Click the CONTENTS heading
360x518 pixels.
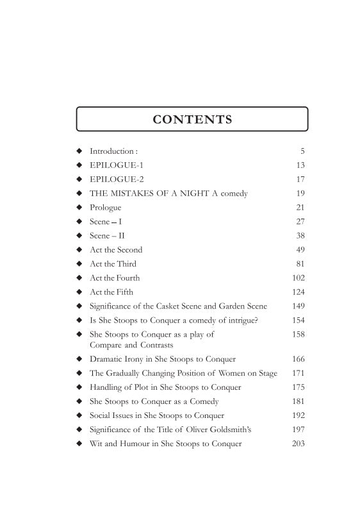pos(192,119)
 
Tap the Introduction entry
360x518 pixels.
pos(113,151)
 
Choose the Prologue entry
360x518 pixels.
pos(105,208)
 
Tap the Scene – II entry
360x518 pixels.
pos(107,235)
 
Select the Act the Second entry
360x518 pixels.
pos(116,249)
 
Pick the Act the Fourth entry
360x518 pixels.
pos(115,278)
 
